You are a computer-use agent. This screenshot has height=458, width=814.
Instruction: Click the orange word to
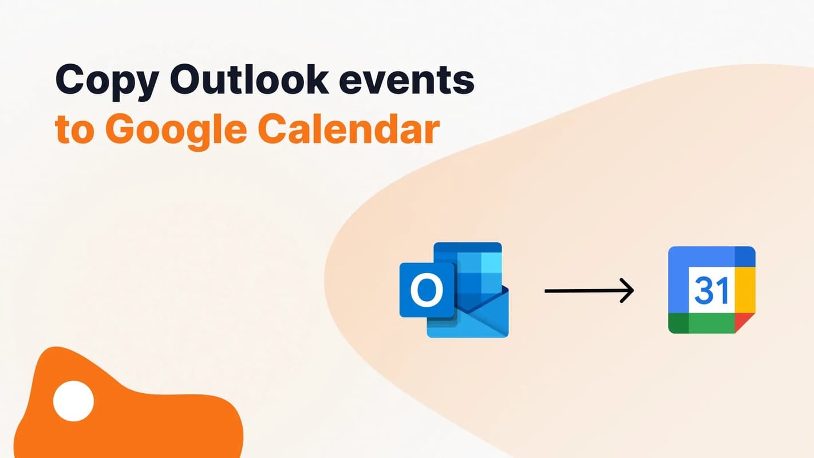click(x=74, y=130)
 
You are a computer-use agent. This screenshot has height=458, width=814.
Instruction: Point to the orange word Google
click(x=176, y=131)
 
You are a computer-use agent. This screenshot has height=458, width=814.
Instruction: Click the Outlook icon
click(x=454, y=290)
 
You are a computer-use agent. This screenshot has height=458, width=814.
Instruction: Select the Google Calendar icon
click(x=712, y=290)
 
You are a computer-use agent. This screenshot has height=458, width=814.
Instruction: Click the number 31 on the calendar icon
click(x=712, y=290)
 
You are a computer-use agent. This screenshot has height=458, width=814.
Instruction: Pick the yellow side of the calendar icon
click(x=745, y=290)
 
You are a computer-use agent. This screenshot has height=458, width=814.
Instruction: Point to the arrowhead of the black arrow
click(x=629, y=290)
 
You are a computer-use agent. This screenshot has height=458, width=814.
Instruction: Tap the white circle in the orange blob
click(x=73, y=400)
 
